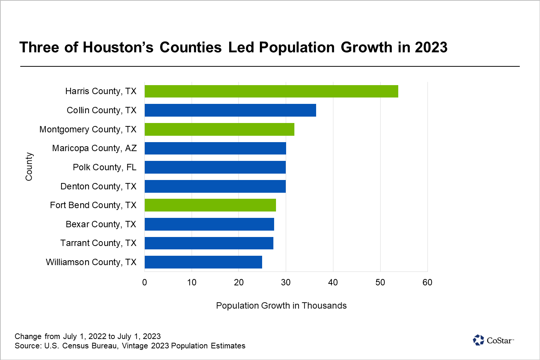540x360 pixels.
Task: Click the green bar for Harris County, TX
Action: (271, 91)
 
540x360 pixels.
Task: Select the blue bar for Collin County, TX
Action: (230, 110)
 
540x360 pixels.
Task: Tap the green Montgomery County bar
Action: (219, 129)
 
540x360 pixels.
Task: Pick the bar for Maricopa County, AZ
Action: (215, 148)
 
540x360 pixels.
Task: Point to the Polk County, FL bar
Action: (215, 167)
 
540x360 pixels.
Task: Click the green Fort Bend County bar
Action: (210, 205)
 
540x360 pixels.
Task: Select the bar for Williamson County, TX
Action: (203, 262)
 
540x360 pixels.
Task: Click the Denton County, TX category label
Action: (98, 186)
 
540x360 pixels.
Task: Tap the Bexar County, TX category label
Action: (101, 224)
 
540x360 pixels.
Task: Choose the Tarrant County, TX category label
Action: (98, 243)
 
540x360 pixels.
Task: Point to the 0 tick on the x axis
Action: (145, 282)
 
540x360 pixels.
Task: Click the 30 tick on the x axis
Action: (286, 282)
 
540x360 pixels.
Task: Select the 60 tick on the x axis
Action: (427, 282)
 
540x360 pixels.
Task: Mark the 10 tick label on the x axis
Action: (192, 282)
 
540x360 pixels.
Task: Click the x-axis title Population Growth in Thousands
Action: (281, 306)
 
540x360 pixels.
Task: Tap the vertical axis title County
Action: (29, 166)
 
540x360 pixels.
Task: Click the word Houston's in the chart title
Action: (118, 48)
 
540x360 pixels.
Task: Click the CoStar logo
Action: (493, 340)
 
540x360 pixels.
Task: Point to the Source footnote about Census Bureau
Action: (130, 346)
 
